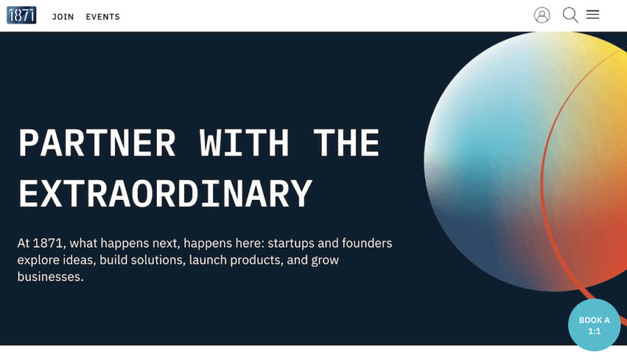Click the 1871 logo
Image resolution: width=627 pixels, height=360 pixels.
pyautogui.click(x=21, y=15)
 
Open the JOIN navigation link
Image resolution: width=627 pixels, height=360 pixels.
pyautogui.click(x=63, y=16)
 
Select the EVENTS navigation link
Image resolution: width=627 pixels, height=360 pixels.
pyautogui.click(x=103, y=16)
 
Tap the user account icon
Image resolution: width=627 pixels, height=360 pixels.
pyautogui.click(x=542, y=15)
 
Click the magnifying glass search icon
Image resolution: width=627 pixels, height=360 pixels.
pyautogui.click(x=571, y=15)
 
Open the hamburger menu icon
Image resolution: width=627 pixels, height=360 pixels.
pyautogui.click(x=593, y=14)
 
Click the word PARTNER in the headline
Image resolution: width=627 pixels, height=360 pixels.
pyautogui.click(x=97, y=144)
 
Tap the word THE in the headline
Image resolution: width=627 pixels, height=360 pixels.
pyautogui.click(x=346, y=144)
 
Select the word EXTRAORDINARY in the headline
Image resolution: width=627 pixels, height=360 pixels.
pyautogui.click(x=165, y=194)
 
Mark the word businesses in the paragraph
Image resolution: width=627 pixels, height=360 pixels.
pyautogui.click(x=50, y=277)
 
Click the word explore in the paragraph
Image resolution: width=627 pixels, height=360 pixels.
pyautogui.click(x=38, y=260)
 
